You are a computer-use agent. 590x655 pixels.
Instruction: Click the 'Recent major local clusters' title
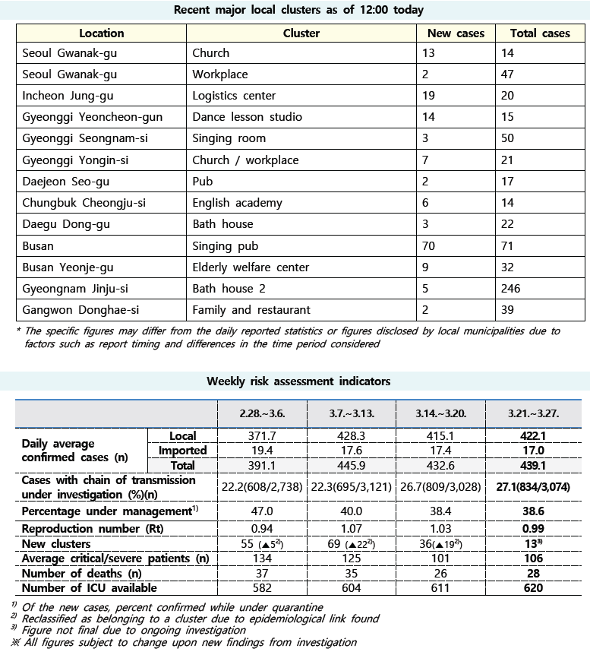(x=298, y=10)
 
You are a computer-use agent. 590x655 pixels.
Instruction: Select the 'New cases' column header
(x=456, y=33)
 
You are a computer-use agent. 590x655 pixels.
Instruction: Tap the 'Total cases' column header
(x=540, y=33)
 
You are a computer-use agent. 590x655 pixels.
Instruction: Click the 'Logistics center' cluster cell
(x=234, y=96)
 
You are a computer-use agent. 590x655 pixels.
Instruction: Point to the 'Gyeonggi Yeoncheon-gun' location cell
(x=93, y=117)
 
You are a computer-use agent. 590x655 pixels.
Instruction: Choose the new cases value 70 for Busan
(x=432, y=245)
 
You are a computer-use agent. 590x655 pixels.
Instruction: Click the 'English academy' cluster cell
(x=237, y=203)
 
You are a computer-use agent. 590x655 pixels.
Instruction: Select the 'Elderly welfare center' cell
(x=251, y=267)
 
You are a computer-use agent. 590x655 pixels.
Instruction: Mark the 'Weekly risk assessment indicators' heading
(x=298, y=381)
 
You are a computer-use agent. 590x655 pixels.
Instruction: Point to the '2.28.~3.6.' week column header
(x=262, y=413)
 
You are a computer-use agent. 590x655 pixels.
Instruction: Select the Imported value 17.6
(x=352, y=451)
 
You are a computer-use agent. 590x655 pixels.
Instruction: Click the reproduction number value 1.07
(x=352, y=529)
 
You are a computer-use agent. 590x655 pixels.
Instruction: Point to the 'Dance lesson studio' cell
(x=247, y=117)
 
